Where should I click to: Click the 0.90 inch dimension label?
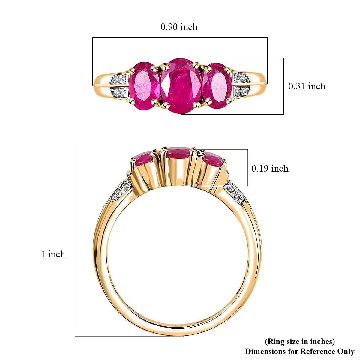[x=179, y=27]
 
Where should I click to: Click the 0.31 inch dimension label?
[x=306, y=86]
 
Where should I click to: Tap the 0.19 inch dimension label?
[x=270, y=169]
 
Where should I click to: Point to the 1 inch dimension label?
[x=53, y=254]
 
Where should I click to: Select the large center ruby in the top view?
[x=181, y=86]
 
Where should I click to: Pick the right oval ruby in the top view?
[x=217, y=85]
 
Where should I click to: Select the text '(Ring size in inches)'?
[x=299, y=341]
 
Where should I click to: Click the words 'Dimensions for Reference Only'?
[x=299, y=351]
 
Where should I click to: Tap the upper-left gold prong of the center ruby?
[x=164, y=65]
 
